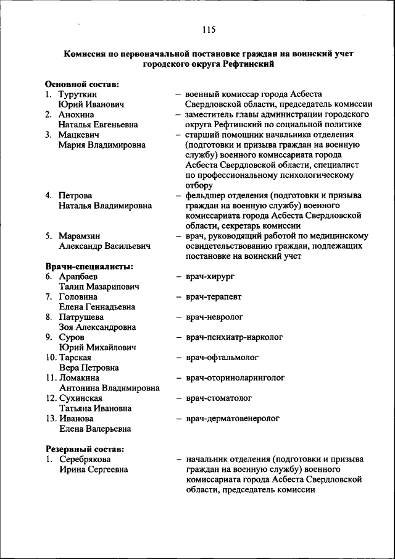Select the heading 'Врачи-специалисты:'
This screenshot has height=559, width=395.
(89, 266)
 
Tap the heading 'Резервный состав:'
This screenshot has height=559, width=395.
(85, 448)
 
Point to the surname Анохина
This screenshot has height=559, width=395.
(78, 114)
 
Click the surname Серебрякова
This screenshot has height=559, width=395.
(85, 459)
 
